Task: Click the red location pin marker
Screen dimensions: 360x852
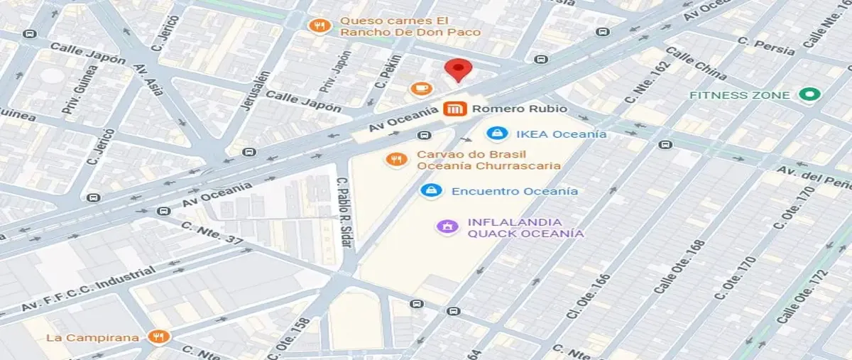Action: tap(458, 70)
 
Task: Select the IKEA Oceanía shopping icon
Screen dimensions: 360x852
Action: tap(498, 133)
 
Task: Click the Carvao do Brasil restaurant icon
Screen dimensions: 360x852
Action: tap(395, 159)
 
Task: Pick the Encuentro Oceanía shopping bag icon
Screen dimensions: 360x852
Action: tap(430, 190)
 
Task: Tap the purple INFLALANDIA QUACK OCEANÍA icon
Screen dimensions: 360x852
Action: tap(447, 227)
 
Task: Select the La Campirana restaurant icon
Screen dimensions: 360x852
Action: tap(158, 337)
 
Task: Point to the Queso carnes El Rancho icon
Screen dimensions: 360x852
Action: tap(321, 26)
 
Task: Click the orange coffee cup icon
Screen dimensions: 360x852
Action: tap(421, 88)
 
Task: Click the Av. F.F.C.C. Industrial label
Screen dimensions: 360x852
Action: tap(88, 290)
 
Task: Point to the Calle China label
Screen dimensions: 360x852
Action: tap(695, 64)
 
